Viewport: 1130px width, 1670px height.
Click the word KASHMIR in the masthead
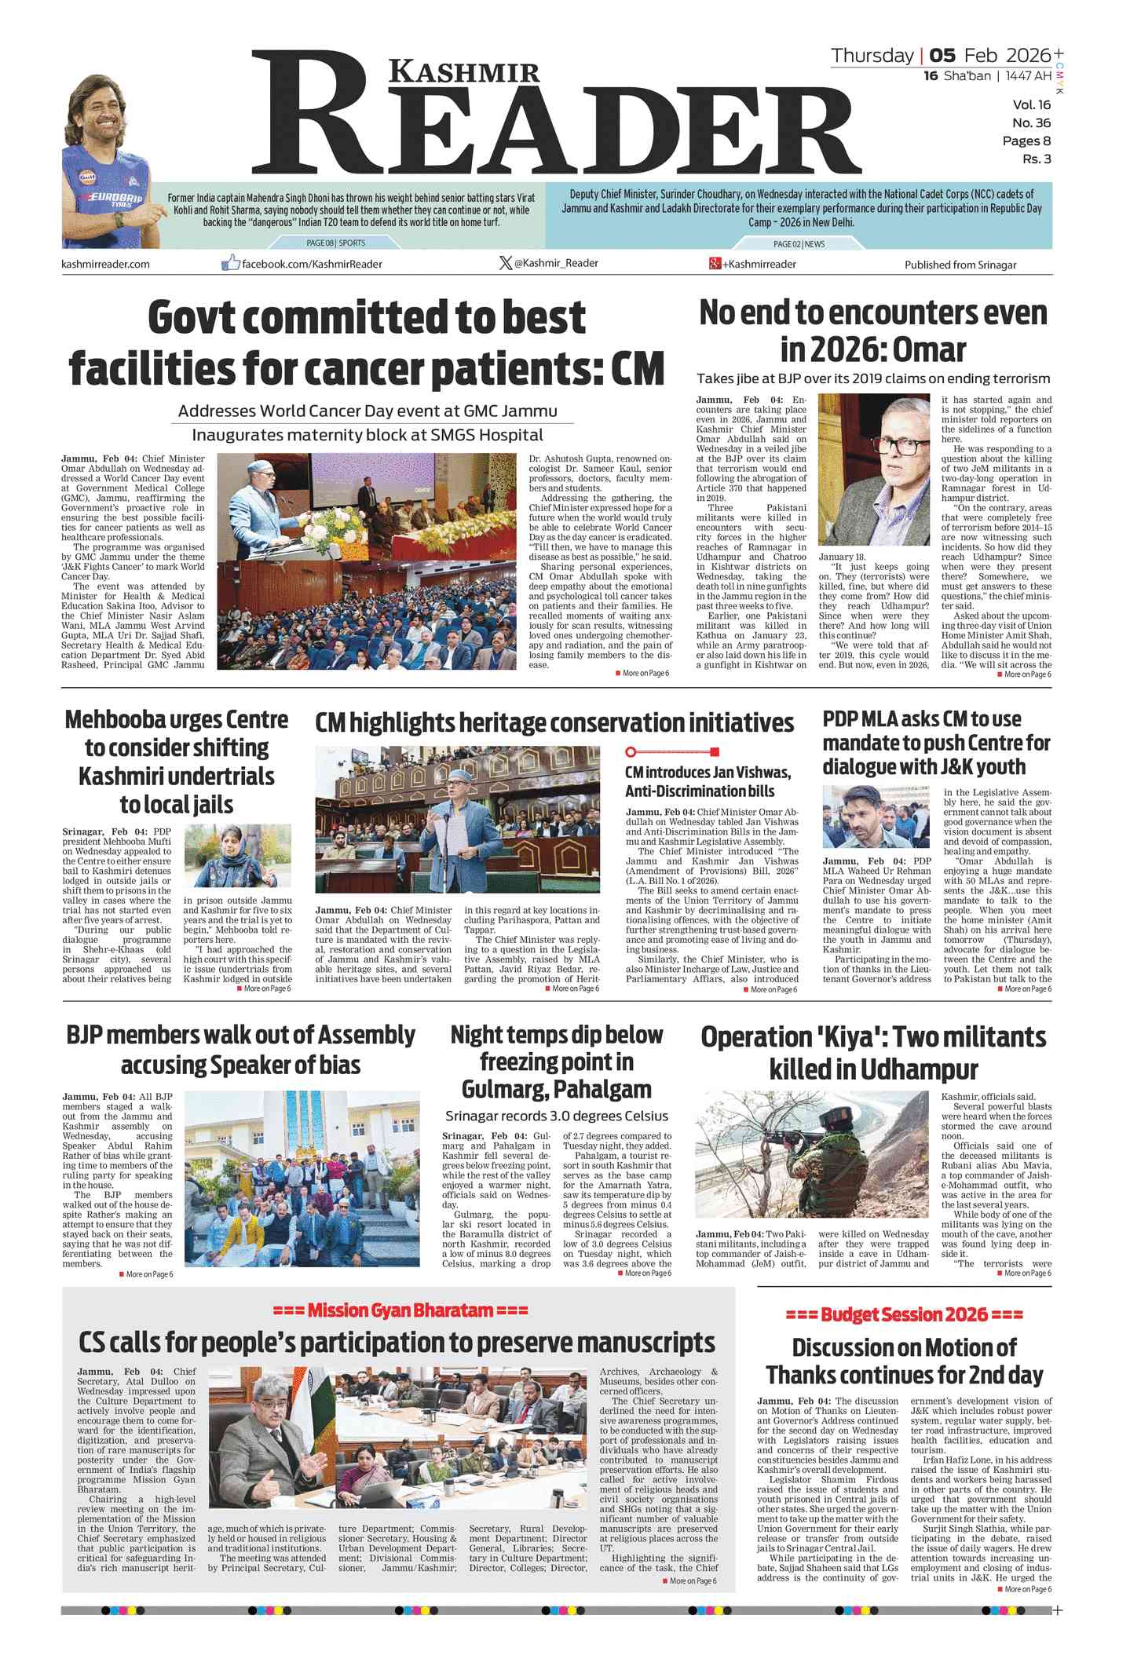coord(465,72)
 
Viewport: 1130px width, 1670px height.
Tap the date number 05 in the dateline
coord(942,56)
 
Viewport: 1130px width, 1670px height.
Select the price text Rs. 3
coord(1036,159)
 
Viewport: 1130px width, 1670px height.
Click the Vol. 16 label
coord(1031,105)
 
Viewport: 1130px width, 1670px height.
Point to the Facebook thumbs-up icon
coord(230,263)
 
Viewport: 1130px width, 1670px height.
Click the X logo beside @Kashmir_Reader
coord(506,263)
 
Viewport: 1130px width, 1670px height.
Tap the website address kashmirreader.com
coord(105,264)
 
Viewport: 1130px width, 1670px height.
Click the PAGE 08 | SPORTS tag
coord(335,243)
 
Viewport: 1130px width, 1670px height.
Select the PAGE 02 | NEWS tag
coord(799,244)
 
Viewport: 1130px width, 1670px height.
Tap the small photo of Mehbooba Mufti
coord(237,856)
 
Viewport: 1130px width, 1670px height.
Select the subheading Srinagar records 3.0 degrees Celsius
coord(556,1116)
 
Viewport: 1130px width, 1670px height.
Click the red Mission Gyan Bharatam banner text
coord(400,1310)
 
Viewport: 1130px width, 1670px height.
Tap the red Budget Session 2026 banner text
coord(904,1314)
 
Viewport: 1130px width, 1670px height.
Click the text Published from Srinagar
coord(960,265)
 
